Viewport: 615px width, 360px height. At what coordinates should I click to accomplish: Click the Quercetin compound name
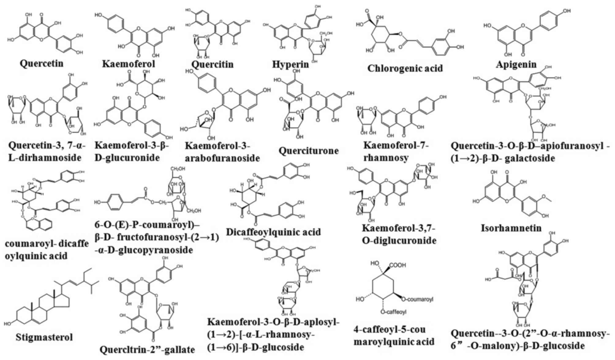(x=41, y=63)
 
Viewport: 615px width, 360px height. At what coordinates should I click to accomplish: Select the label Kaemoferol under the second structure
(x=128, y=64)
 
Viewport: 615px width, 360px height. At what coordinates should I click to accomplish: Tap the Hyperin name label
(x=290, y=64)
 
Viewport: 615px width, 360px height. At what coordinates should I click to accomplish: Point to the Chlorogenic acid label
(x=405, y=68)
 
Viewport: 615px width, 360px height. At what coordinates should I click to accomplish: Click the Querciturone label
(x=308, y=151)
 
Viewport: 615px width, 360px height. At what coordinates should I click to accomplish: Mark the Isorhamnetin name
(x=511, y=228)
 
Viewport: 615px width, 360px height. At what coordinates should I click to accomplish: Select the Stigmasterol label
(x=44, y=337)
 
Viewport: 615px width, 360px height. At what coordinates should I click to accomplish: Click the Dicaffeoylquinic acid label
(x=273, y=232)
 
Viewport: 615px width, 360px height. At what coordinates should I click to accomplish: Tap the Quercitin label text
(x=212, y=64)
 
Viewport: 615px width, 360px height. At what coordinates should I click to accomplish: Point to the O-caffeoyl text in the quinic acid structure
(x=393, y=312)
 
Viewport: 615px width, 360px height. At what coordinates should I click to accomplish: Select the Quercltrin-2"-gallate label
(x=147, y=350)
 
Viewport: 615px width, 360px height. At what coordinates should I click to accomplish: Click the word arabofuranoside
(x=222, y=158)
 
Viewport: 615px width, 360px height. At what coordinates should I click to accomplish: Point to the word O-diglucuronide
(x=399, y=241)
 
